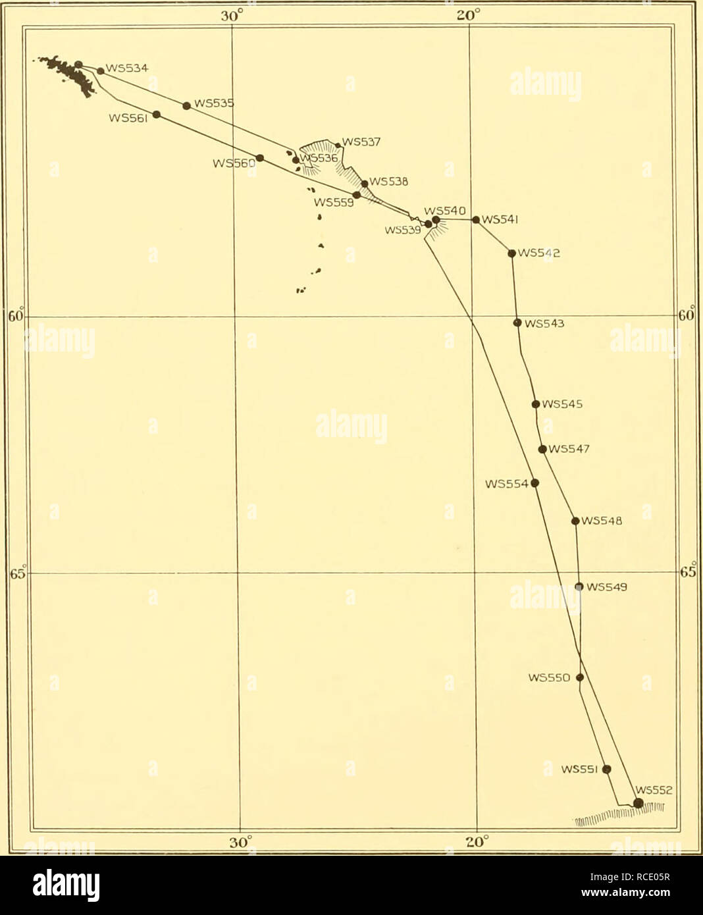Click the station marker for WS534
[x=100, y=71]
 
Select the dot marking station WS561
[x=157, y=115]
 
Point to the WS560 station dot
[x=260, y=158]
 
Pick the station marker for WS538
[x=364, y=184]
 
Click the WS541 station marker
[x=476, y=220]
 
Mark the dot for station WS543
[x=517, y=323]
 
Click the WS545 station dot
[x=536, y=404]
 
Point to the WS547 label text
[x=569, y=450]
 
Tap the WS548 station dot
[x=575, y=521]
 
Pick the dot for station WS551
[x=607, y=769]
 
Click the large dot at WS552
[x=638, y=802]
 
